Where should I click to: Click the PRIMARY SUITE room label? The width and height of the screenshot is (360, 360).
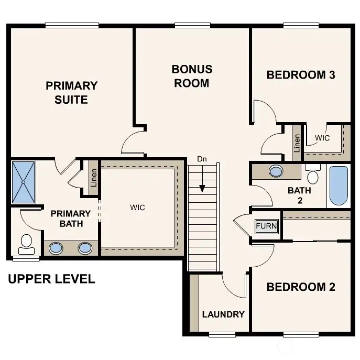[71, 92]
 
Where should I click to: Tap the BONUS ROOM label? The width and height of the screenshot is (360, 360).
[192, 76]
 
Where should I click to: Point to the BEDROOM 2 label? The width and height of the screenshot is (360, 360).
[300, 287]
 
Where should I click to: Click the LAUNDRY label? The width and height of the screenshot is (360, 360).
[223, 314]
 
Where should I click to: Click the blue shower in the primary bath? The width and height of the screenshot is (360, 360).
[24, 182]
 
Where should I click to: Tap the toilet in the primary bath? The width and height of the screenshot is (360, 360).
[26, 242]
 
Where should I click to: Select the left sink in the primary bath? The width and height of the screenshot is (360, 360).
[55, 248]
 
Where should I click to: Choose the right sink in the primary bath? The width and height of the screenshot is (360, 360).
[85, 248]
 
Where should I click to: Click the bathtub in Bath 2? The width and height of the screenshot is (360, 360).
[339, 186]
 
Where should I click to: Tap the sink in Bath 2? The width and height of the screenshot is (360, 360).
[276, 171]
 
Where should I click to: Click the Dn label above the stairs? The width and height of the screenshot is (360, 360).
[202, 158]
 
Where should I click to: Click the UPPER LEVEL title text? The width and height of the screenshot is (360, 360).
[51, 279]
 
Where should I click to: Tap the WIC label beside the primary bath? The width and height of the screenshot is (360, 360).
[137, 208]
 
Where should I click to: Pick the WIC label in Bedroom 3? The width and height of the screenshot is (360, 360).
[322, 138]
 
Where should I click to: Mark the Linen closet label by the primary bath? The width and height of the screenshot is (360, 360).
[94, 178]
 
